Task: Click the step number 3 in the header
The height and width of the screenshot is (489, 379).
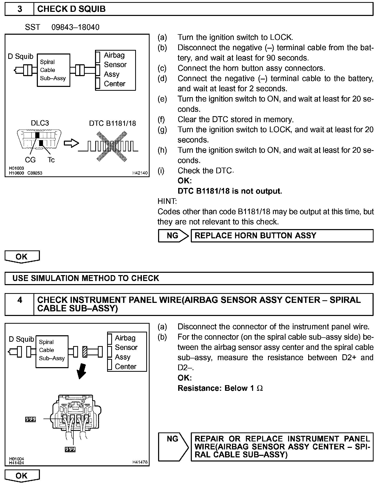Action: [x=20, y=9]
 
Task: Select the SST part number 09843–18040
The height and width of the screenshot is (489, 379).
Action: [x=75, y=27]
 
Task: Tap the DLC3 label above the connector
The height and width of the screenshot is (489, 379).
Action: [x=40, y=123]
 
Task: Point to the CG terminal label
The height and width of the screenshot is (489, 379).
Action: [x=30, y=160]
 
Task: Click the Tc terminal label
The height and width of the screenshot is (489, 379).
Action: [x=51, y=160]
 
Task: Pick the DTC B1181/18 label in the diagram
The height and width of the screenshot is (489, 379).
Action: [x=112, y=123]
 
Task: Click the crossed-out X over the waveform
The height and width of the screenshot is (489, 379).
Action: [x=112, y=146]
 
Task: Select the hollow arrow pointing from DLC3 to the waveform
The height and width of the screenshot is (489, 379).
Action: [x=71, y=143]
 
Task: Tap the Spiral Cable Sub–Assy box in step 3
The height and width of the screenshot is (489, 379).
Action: [x=53, y=70]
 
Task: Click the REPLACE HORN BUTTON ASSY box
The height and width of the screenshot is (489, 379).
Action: [x=282, y=236]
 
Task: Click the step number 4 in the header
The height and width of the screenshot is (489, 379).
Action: [x=20, y=300]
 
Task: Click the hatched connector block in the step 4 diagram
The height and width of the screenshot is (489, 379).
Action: [x=85, y=352]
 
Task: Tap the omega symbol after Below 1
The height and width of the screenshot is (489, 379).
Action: [x=260, y=388]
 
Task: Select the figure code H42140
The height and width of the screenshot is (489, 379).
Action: [x=140, y=173]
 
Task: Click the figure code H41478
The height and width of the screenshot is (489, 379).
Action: [x=140, y=462]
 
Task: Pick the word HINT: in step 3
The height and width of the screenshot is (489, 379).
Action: [x=167, y=201]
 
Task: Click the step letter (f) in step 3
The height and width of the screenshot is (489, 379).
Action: [x=162, y=120]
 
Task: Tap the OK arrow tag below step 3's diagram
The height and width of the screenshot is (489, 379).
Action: [x=22, y=257]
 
